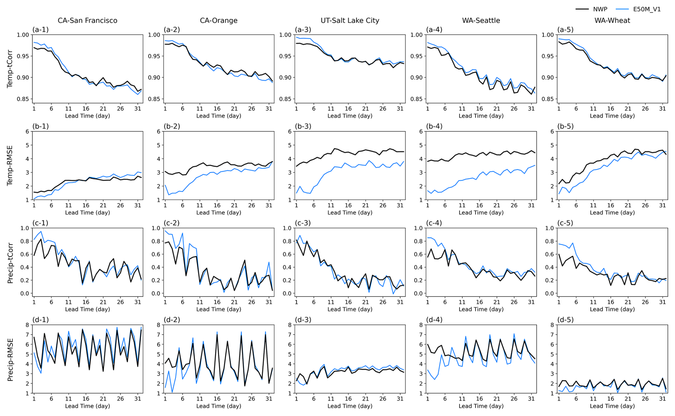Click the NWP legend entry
pos(600,9)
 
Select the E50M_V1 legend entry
pos(646,9)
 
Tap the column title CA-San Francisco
pos(87,21)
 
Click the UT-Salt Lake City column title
pos(350,21)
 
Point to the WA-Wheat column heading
pos(612,21)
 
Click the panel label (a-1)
pos(40,30)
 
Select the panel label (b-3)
pos(303,126)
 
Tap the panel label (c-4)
pos(434,223)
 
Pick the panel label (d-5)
pos(565,320)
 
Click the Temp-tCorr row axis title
pos(10,69)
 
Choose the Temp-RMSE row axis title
pos(10,165)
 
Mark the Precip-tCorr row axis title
pos(10,263)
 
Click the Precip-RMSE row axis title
pos(10,360)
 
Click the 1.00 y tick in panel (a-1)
pos(23,35)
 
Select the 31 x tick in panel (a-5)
pos(662,109)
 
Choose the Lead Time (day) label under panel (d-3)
pos(350,406)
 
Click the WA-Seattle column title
pos(481,21)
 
